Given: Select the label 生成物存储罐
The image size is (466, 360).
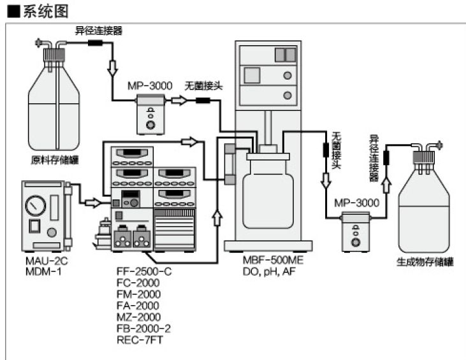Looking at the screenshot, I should point(425,262).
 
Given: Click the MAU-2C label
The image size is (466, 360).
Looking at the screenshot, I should point(40,261).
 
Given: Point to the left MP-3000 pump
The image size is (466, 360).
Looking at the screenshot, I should point(150,113).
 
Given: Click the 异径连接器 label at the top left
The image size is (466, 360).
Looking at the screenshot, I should point(99,30).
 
